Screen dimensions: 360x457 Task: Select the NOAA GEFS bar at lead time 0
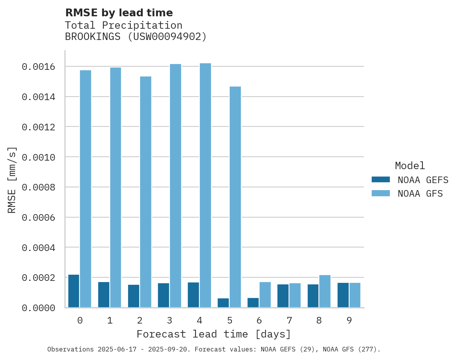[x=74, y=291]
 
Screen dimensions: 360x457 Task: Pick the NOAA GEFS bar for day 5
[x=223, y=303]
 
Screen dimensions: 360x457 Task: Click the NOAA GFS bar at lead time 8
[x=325, y=291]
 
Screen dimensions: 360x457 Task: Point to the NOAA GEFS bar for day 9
[x=343, y=295]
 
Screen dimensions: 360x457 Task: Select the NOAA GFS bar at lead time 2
[x=145, y=192]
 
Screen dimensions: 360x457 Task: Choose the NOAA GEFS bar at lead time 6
[x=253, y=303]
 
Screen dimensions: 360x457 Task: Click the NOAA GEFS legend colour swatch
[x=380, y=180]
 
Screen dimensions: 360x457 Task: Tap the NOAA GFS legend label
[x=420, y=194]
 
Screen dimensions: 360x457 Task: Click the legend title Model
[x=410, y=166]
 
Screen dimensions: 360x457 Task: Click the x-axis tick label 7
[x=289, y=320]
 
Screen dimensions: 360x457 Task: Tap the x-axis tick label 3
[x=170, y=320]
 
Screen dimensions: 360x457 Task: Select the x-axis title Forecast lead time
[x=214, y=334]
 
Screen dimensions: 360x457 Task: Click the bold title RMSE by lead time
[x=119, y=13]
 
